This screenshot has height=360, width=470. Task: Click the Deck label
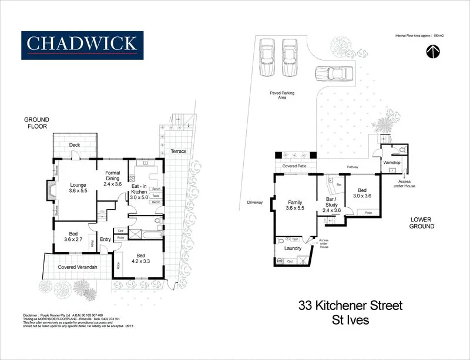pos(74,145)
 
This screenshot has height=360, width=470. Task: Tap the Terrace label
pos(179,151)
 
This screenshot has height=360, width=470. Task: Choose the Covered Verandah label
pos(78,267)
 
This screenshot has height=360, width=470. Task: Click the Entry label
pos(106,239)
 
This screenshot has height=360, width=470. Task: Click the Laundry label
pos(293,248)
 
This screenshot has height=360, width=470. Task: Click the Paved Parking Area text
pos(282,95)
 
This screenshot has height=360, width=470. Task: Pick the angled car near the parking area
pos(332,75)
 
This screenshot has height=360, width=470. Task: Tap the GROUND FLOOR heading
pos(36,122)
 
